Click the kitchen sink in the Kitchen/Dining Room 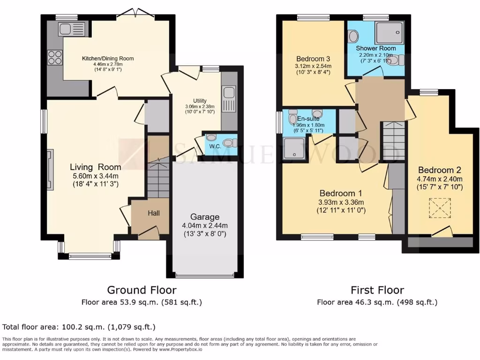pyautogui.click(x=71, y=29)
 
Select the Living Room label pyautogui.click(x=95, y=167)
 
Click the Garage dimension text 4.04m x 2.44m pyautogui.click(x=205, y=225)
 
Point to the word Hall pyautogui.click(x=154, y=213)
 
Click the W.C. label pyautogui.click(x=215, y=146)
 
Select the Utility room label pyautogui.click(x=200, y=101)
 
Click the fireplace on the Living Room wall pyautogui.click(x=50, y=169)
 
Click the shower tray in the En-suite pyautogui.click(x=295, y=149)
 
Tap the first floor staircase pyautogui.click(x=394, y=141)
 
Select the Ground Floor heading pyautogui.click(x=142, y=290)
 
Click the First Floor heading pyautogui.click(x=377, y=290)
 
